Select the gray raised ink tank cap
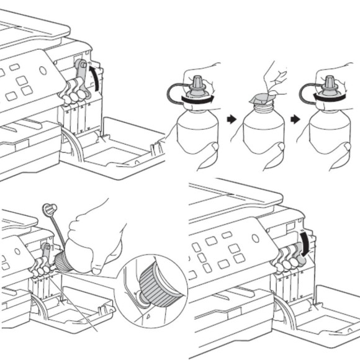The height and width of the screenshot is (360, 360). point(80,74)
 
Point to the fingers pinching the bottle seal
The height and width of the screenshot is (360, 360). point(269,75)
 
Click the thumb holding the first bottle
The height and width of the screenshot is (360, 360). point(212,147)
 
